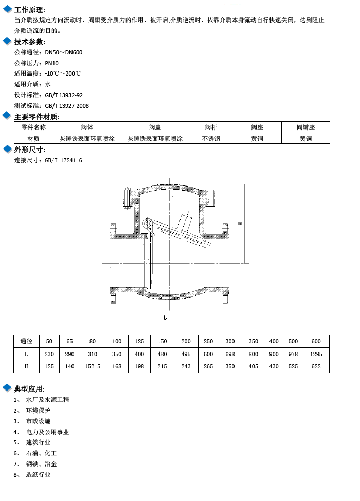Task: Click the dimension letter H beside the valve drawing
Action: tap(240, 224)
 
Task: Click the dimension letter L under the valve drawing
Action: tap(165, 317)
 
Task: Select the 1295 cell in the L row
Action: tap(316, 354)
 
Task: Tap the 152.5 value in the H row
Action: tap(93, 366)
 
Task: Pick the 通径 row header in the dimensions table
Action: tap(26, 341)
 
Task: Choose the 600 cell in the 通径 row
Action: tap(316, 341)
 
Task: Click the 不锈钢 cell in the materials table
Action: tap(211, 139)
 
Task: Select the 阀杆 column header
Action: tap(211, 127)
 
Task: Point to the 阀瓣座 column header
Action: tap(305, 127)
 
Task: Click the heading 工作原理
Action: tap(29, 10)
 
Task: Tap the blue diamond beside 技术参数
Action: tap(7, 41)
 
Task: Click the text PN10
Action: tap(51, 63)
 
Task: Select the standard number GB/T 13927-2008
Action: tap(67, 106)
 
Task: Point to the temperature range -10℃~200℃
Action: tap(63, 73)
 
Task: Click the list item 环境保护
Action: tap(39, 410)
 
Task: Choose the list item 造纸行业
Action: tap(39, 474)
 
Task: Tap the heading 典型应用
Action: tap(29, 389)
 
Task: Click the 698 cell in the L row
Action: tap(230, 354)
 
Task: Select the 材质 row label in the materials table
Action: tap(33, 139)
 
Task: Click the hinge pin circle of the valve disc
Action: tap(147, 223)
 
